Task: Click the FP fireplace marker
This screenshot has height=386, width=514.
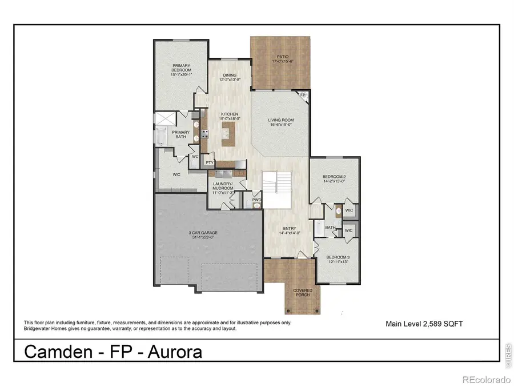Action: [x=303, y=96]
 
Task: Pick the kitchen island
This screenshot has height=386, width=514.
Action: [x=230, y=133]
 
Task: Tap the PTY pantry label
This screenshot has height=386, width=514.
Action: [x=210, y=162]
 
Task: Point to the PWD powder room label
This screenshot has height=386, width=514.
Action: [x=257, y=200]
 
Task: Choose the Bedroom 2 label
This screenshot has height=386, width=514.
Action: [x=334, y=178]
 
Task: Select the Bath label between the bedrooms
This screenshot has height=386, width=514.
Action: [x=330, y=228]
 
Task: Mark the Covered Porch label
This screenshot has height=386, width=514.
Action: [x=303, y=292]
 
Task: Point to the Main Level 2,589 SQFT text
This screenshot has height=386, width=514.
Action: [x=424, y=324]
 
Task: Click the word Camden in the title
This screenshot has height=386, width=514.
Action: [x=56, y=352]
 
